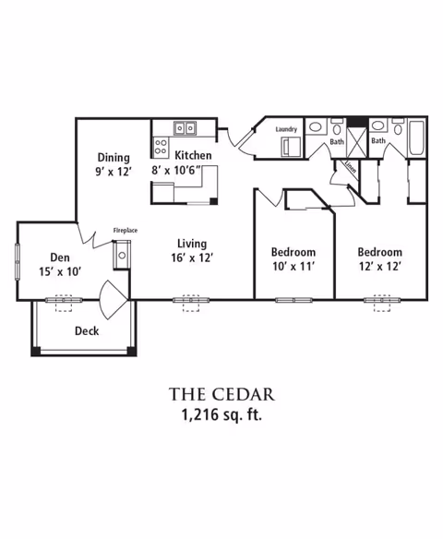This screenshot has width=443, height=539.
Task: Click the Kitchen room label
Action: point(193,155)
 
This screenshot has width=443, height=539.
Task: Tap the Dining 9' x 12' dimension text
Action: point(114,171)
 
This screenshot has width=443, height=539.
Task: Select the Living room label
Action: point(192,244)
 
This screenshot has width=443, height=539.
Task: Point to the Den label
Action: point(60,258)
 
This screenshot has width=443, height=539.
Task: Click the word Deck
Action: point(87,330)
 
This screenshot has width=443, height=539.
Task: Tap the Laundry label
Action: point(286,129)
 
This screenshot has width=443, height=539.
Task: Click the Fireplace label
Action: point(126,231)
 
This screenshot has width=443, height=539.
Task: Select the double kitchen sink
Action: point(185,128)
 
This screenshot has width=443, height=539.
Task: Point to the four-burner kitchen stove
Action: point(161,147)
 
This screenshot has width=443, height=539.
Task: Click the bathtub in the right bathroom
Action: point(417,138)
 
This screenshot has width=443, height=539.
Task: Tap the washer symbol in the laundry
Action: point(291,147)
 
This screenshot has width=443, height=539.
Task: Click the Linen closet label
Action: point(351,167)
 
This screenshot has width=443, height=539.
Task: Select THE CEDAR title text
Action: point(221,394)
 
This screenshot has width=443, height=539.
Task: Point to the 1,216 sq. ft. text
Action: point(221,415)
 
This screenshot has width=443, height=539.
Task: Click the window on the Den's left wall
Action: point(18,261)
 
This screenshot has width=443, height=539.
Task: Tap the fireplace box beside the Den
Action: point(122,255)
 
